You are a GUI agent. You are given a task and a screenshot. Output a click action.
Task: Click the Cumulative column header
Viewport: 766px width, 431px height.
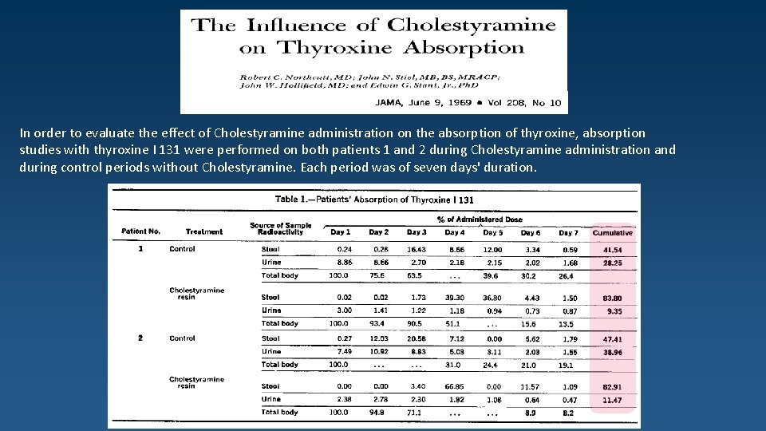click(x=613, y=232)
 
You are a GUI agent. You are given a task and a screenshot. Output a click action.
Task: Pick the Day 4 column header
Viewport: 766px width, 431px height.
click(x=455, y=232)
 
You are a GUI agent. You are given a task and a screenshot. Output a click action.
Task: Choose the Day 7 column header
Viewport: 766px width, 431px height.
click(x=569, y=232)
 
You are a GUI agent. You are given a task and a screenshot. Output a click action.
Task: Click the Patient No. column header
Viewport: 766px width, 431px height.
click(x=141, y=231)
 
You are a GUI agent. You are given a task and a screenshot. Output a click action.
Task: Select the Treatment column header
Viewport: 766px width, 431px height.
click(x=204, y=232)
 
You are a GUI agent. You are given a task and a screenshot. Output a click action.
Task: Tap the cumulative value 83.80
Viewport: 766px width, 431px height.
click(x=613, y=298)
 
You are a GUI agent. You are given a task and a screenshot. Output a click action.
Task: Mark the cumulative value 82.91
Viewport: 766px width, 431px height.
click(x=613, y=386)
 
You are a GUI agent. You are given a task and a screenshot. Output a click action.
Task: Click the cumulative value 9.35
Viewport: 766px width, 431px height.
click(x=614, y=310)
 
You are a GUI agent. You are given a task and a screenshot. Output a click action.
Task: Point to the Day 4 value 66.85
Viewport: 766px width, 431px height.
click(x=455, y=386)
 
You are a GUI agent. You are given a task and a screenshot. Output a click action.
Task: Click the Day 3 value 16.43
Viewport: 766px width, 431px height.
click(x=417, y=249)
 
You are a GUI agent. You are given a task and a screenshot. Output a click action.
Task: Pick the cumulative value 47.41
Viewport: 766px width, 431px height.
click(x=613, y=338)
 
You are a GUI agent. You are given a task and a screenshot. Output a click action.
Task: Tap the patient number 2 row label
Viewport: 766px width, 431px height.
click(x=140, y=338)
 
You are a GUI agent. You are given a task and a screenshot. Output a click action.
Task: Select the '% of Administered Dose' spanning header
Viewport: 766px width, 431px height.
click(x=480, y=219)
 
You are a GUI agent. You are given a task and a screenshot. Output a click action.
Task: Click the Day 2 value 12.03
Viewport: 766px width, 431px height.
click(x=379, y=338)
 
